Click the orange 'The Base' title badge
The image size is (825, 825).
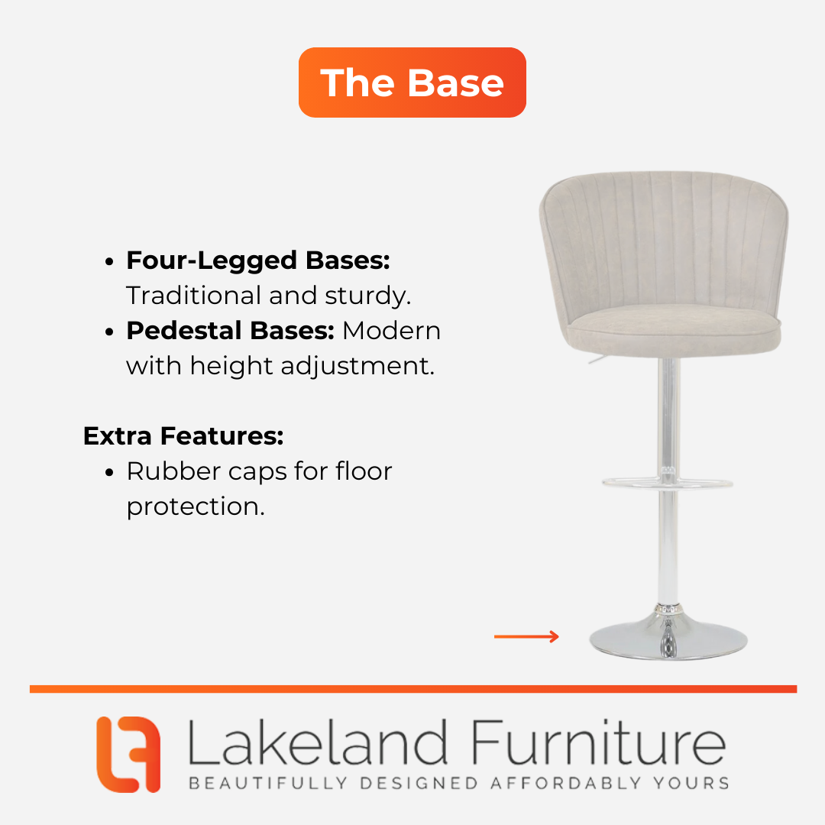412,82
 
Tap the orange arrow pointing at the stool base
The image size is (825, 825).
526,636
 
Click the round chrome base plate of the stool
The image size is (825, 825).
668,639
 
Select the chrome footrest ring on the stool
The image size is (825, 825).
667,483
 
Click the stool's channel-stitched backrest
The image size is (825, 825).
664,242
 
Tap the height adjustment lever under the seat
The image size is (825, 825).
597,360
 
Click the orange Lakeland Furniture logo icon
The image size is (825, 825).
128,754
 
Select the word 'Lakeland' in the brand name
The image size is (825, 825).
317,742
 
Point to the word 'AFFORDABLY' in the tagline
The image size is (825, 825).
566,783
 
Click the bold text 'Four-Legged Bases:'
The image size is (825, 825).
258,261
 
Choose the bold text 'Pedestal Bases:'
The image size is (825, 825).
231,331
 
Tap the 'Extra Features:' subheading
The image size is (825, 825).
183,436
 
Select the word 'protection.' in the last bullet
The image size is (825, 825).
196,506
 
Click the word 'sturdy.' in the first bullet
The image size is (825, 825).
367,296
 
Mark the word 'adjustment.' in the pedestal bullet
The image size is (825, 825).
357,366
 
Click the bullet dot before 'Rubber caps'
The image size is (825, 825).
109,472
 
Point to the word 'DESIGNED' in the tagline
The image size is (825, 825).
419,783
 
